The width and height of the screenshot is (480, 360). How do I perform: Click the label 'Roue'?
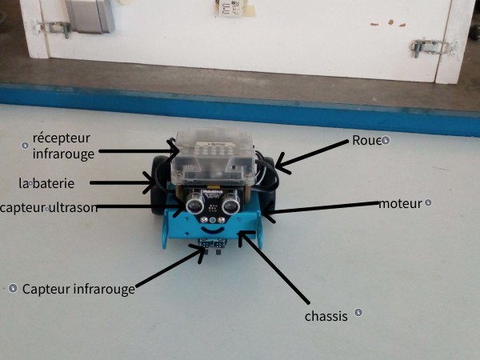tap(366, 141)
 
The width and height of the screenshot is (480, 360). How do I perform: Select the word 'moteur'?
tap(399, 204)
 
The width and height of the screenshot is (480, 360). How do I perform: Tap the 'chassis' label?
tap(326, 317)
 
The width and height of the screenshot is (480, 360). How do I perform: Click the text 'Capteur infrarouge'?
tap(78, 288)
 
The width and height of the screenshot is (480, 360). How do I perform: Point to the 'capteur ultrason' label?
tap(50, 208)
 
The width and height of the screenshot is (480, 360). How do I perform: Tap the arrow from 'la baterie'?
tap(120, 183)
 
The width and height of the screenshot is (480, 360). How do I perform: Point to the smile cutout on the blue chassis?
tap(211, 230)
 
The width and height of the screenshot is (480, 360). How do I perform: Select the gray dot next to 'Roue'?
tap(386, 141)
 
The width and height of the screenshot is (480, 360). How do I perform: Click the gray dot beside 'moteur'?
tap(429, 203)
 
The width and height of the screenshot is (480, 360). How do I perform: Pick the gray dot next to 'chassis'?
tap(358, 313)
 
